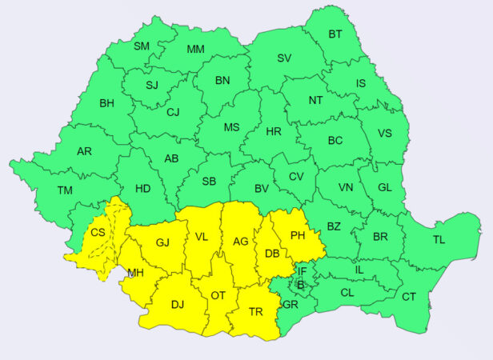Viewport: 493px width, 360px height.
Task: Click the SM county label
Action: pyautogui.click(x=142, y=46)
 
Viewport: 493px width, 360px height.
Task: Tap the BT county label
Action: pyautogui.click(x=335, y=34)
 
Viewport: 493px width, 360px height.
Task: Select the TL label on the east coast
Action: pyautogui.click(x=439, y=239)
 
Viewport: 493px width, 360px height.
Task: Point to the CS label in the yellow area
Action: pyautogui.click(x=98, y=233)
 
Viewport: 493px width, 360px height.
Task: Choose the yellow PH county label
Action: pyautogui.click(x=298, y=235)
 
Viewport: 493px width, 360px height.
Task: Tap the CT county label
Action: pyautogui.click(x=409, y=297)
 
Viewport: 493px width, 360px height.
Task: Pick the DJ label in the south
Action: pyautogui.click(x=178, y=304)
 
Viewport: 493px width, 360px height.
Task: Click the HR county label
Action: pyautogui.click(x=274, y=130)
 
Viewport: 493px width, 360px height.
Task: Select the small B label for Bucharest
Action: pyautogui.click(x=300, y=284)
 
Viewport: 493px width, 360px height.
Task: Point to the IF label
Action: pyautogui.click(x=303, y=272)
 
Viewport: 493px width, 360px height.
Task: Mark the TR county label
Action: pyautogui.click(x=257, y=312)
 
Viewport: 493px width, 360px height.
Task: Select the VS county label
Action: pyautogui.click(x=385, y=134)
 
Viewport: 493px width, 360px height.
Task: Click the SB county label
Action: pyautogui.click(x=209, y=182)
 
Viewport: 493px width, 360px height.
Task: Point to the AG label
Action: pyautogui.click(x=240, y=241)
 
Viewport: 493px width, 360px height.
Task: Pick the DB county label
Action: pyautogui.click(x=271, y=254)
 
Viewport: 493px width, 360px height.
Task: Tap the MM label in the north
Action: pyautogui.click(x=195, y=50)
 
